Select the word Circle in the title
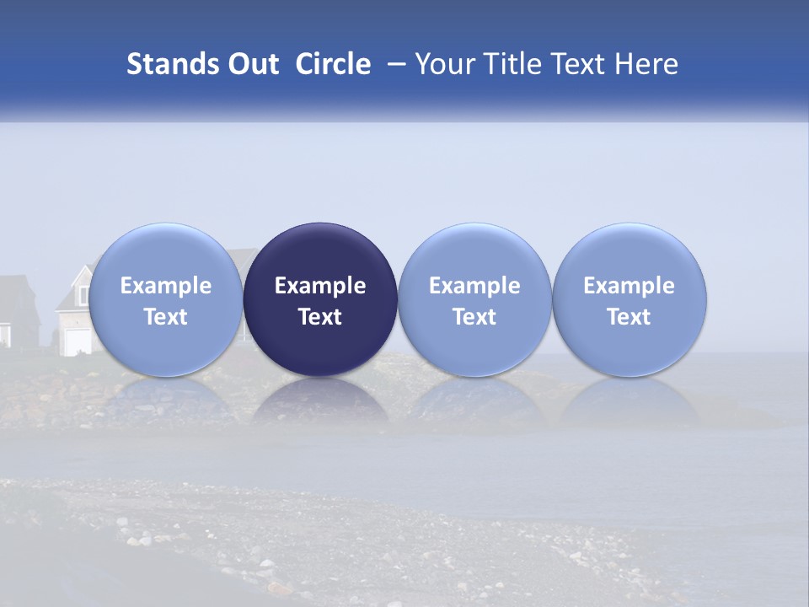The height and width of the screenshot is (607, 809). pos(333,64)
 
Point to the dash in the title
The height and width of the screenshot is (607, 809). pos(394,65)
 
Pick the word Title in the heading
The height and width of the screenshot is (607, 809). pos(514,64)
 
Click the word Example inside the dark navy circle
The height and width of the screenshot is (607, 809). pos(320,286)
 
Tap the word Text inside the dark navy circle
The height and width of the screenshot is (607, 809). pos(320,317)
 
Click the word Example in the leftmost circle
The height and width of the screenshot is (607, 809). pos(166,286)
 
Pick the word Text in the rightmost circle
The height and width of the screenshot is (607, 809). pos(629,317)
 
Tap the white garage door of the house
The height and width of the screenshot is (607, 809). pos(77,341)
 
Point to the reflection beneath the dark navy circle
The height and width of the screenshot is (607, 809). pos(320,403)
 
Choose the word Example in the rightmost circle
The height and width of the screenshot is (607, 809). pos(629,286)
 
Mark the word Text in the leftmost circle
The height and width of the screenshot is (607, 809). pos(166,317)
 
